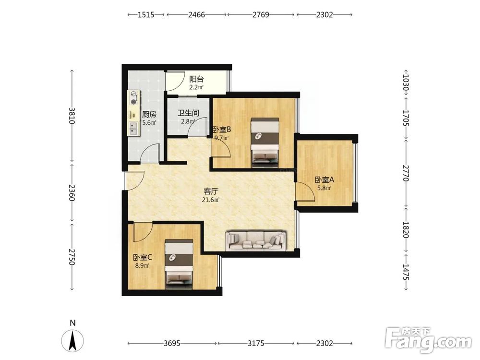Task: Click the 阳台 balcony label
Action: [196, 79]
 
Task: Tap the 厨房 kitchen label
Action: [149, 115]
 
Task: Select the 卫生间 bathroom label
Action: [188, 113]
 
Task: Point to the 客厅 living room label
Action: [211, 192]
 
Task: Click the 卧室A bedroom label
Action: [324, 180]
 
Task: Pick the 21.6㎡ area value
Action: [211, 200]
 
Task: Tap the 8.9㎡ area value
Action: [143, 265]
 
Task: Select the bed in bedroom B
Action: [265, 142]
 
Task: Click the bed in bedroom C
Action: [179, 264]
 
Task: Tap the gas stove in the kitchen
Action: [133, 98]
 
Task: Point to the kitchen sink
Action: [133, 129]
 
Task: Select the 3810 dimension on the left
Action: [72, 115]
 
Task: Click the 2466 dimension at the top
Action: [196, 14]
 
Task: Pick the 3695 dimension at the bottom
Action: [172, 343]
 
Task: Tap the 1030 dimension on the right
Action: [406, 84]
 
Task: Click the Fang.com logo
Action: [428, 339]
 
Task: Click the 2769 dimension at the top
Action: [261, 14]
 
